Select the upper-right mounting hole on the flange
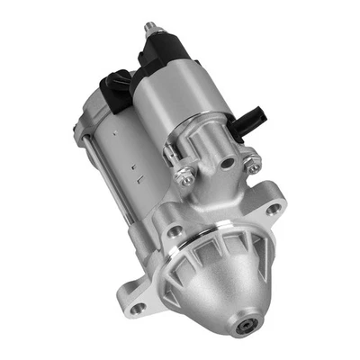click(273, 208)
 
